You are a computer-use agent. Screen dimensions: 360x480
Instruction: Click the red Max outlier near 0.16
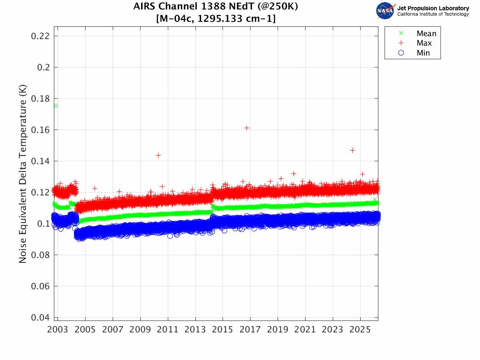click(247, 128)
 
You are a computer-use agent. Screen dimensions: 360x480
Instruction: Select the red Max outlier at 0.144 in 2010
click(158, 155)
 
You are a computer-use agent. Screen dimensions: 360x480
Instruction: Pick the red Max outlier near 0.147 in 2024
click(352, 150)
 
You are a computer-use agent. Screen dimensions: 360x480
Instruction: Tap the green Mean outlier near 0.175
click(56, 106)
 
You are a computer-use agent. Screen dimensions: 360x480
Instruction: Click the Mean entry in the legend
click(426, 34)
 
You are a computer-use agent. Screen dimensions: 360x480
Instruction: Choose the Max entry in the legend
click(424, 43)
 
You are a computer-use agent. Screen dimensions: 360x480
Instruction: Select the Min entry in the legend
click(423, 53)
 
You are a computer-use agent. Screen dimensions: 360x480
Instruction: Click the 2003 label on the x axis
click(58, 330)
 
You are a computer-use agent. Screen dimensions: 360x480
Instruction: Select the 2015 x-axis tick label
click(223, 330)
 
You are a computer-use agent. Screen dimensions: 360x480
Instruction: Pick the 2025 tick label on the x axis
click(360, 330)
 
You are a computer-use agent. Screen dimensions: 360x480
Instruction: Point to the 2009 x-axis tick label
click(140, 330)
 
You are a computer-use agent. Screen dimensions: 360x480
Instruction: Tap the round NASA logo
click(385, 11)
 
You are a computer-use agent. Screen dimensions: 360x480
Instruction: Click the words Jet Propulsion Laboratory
click(433, 8)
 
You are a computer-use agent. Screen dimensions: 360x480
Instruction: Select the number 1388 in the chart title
click(199, 7)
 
